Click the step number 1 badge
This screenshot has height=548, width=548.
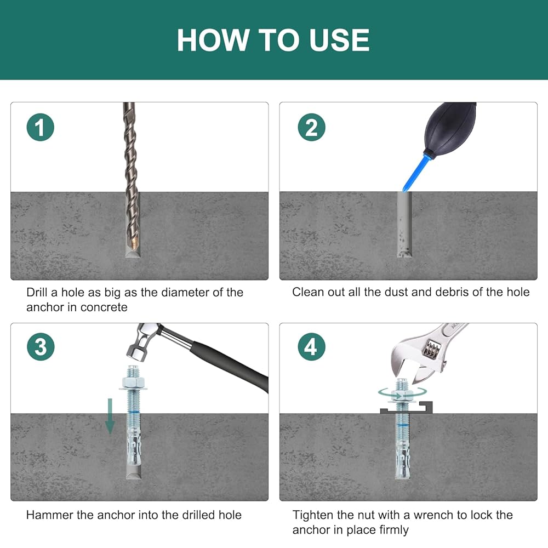click(40, 128)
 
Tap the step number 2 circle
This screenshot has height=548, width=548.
click(311, 128)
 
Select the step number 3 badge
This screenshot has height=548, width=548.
click(41, 347)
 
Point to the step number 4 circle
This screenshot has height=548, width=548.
click(311, 347)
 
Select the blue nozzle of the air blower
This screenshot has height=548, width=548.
click(416, 173)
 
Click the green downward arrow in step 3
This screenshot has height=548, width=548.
click(110, 416)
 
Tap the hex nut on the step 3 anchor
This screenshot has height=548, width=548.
click(133, 381)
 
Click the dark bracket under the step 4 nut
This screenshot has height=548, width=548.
click(407, 408)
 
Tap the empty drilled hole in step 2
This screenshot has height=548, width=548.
click(404, 224)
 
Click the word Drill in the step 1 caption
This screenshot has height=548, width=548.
click(37, 292)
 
